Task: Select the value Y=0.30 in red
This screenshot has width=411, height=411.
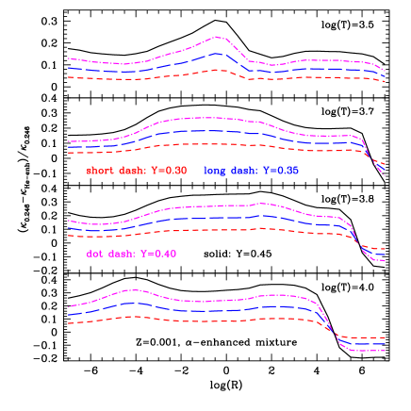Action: [169, 171]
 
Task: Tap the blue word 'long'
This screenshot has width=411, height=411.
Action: [216, 171]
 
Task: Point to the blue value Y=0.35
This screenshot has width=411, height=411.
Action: [281, 171]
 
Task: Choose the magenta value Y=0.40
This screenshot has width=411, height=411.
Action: [159, 255]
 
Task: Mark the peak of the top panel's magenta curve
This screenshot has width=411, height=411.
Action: [219, 37]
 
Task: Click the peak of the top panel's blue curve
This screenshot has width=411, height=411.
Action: [219, 53]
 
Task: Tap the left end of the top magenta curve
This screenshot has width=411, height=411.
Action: [68, 58]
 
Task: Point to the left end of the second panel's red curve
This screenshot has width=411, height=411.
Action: [68, 151]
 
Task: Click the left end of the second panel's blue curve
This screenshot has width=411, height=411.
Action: [68, 146]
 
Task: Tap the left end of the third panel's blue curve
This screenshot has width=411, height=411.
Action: [68, 227]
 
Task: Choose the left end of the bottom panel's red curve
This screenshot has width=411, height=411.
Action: [68, 323]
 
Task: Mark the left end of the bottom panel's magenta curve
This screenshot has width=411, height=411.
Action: [68, 307]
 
